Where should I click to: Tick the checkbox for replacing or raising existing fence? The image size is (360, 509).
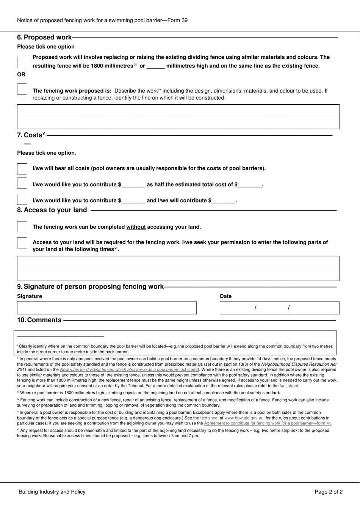point(22,62)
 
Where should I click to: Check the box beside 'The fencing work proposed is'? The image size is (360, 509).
point(22,90)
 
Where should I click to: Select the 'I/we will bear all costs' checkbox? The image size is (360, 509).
point(22,168)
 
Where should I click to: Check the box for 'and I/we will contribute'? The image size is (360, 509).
point(22,200)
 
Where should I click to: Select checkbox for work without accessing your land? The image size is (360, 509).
point(22,227)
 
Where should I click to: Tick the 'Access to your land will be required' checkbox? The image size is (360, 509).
point(22,243)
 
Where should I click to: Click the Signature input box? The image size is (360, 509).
point(106,308)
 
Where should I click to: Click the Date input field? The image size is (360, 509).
point(279,308)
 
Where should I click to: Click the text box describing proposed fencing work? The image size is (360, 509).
point(178,117)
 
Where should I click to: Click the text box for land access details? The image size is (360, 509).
point(178,269)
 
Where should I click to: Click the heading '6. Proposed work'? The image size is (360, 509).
point(44,37)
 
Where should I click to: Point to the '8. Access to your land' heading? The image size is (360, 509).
point(52,210)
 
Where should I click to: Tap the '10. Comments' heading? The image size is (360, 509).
point(39,320)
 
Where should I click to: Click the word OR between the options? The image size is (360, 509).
point(21,75)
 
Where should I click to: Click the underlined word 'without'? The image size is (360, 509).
point(136,227)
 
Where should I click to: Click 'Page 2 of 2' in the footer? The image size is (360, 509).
point(329,492)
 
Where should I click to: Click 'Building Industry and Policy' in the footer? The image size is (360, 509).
point(52,492)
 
